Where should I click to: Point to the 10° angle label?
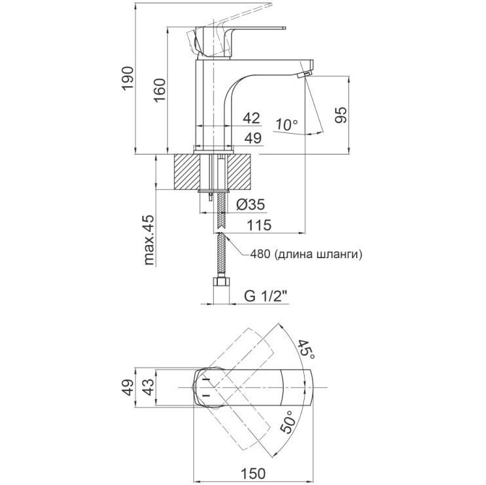coord(286,123)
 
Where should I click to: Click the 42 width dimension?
coord(251,118)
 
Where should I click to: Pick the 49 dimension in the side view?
coord(251,138)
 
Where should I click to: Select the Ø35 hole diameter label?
coord(249,204)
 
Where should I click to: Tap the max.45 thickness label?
coord(149,241)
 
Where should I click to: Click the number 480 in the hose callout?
coord(260,254)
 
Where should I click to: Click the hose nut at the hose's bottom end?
coord(222,283)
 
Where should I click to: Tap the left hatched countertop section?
coord(187,171)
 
